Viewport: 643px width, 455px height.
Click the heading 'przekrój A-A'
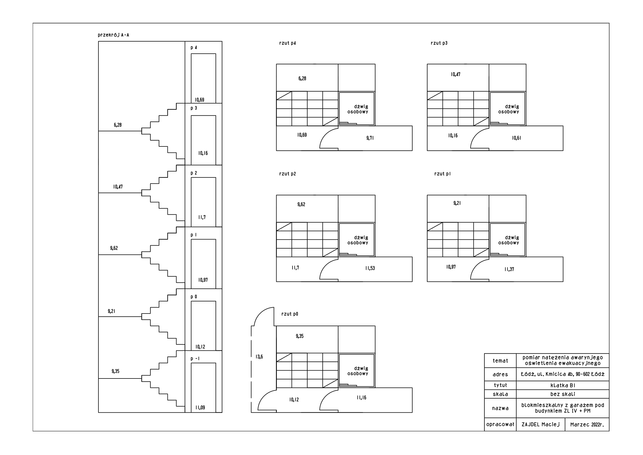(x=114, y=35)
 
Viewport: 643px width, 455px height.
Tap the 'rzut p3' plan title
(x=439, y=43)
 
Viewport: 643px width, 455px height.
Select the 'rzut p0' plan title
(x=289, y=314)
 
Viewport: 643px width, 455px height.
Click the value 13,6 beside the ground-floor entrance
(x=259, y=357)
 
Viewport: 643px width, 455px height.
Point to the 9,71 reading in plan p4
(x=370, y=138)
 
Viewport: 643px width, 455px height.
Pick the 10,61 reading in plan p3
(x=517, y=138)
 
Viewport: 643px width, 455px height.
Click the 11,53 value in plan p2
(x=370, y=268)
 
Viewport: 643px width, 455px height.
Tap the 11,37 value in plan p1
(x=509, y=269)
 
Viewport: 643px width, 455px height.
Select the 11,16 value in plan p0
(x=361, y=397)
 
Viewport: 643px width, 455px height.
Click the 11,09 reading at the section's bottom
(x=200, y=408)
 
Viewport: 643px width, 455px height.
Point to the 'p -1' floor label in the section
(x=195, y=359)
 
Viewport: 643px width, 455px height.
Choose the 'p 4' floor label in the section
(x=194, y=48)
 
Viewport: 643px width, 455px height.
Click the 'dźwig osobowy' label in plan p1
(x=509, y=240)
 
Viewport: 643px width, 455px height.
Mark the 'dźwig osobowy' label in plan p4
(x=358, y=109)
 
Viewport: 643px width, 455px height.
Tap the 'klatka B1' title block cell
(x=563, y=385)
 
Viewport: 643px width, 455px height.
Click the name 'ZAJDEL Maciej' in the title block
(x=540, y=424)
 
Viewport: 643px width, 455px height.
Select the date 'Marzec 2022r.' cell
(x=587, y=425)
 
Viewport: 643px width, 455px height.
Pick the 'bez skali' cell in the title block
(x=563, y=394)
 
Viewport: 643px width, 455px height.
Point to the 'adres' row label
(x=500, y=375)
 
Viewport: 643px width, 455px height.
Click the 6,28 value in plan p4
(x=302, y=78)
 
